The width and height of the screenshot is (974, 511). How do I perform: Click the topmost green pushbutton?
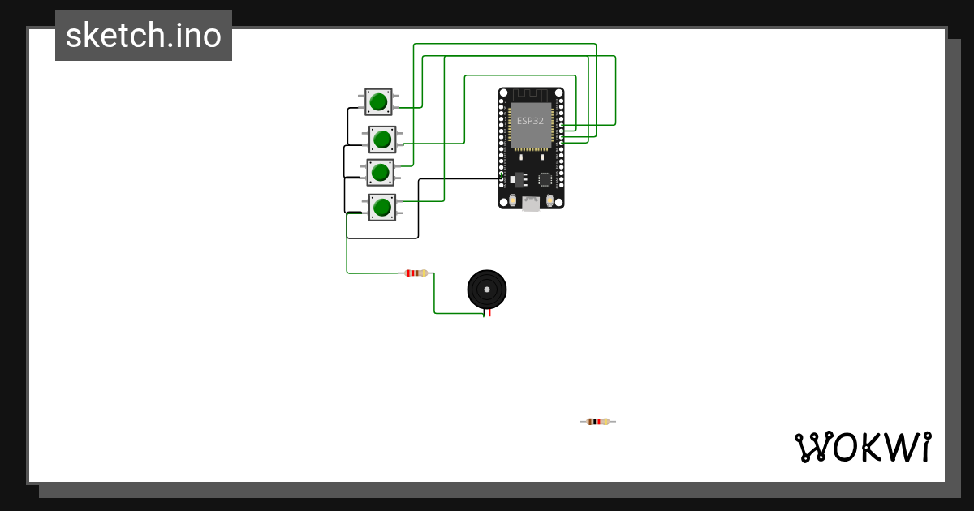tap(378, 101)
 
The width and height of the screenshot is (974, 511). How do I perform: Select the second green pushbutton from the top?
tap(382, 140)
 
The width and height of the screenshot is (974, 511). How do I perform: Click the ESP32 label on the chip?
tap(530, 120)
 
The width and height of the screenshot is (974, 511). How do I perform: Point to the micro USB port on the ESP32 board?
tap(531, 204)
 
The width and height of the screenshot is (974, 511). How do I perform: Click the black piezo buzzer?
tap(487, 289)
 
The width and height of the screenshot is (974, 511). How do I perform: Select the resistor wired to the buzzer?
tap(416, 273)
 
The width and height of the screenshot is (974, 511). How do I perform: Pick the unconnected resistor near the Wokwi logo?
tap(597, 421)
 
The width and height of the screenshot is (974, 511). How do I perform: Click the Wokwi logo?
tap(862, 447)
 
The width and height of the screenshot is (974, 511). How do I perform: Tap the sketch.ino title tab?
tap(144, 36)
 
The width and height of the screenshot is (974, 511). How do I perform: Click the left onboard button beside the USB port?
tap(512, 200)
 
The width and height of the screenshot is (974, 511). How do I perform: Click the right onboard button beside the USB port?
tap(550, 200)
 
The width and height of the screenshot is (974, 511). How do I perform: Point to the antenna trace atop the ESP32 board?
tap(531, 95)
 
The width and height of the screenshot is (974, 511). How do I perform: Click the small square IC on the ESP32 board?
tap(545, 179)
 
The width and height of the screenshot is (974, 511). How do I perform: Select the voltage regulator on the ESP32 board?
tap(519, 178)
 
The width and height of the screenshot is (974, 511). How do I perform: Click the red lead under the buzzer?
tap(489, 312)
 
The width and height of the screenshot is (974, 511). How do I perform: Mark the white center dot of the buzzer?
tap(487, 289)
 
